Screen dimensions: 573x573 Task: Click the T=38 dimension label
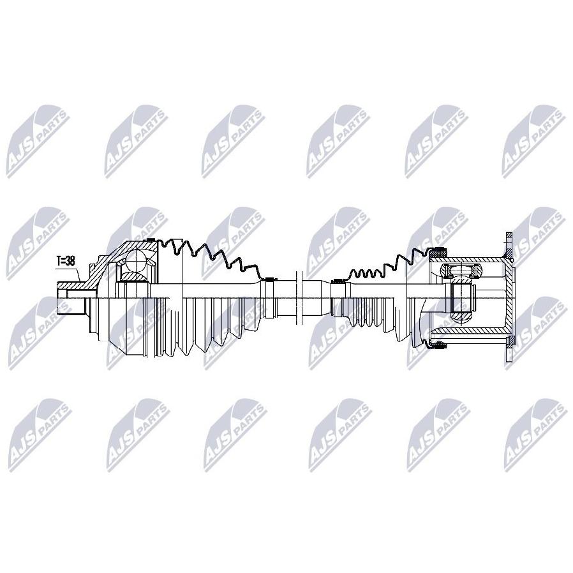66,261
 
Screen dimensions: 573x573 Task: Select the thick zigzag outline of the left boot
208,256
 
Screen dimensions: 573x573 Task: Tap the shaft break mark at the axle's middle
299,298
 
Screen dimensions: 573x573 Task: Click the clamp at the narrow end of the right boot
336,281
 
